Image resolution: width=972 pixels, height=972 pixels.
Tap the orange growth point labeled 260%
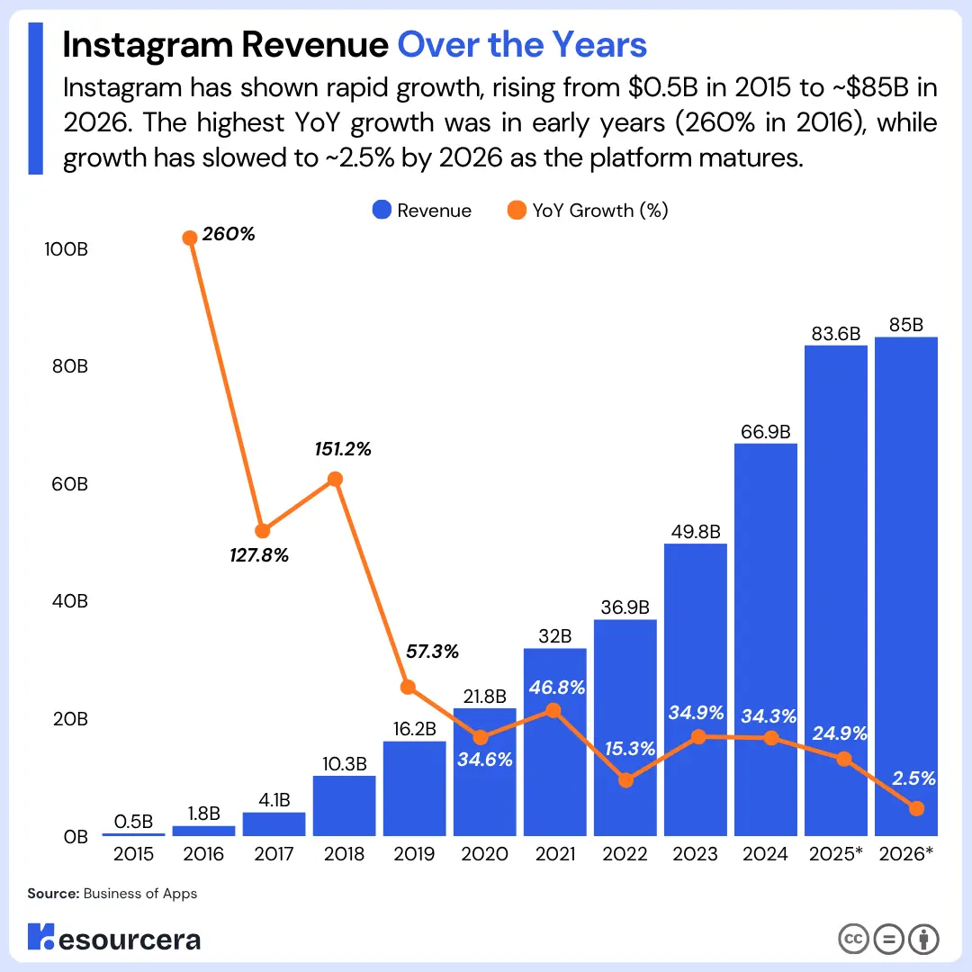click(190, 238)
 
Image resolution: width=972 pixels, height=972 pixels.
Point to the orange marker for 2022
click(625, 780)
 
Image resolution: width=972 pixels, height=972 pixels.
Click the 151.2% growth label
click(343, 449)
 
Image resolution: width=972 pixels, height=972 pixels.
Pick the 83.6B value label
click(836, 332)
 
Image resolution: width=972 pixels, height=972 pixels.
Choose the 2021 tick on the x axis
click(554, 854)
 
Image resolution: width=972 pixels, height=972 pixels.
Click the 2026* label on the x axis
click(905, 854)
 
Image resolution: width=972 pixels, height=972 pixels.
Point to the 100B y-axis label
click(65, 249)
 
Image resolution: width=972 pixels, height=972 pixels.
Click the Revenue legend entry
click(421, 211)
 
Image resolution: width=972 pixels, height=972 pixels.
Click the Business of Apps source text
click(139, 894)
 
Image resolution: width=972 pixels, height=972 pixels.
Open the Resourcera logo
click(113, 939)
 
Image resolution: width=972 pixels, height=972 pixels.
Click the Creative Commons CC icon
click(853, 939)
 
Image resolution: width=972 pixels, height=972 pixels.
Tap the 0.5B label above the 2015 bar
click(134, 822)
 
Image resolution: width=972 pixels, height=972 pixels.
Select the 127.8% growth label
click(260, 556)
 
